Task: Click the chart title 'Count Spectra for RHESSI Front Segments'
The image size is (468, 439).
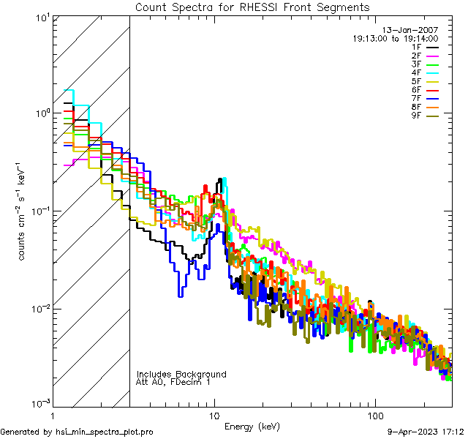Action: point(252,7)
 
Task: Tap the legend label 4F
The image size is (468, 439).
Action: point(417,72)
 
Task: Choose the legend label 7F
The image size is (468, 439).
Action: point(417,98)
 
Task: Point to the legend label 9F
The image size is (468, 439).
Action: point(417,116)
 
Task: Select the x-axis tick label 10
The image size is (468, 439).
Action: point(214,416)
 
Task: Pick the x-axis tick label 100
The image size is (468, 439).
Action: point(374,416)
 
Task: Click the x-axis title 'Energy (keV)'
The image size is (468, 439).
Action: point(252,427)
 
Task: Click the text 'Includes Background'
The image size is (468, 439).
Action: point(181,374)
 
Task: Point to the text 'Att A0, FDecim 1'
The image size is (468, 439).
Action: point(173,382)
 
